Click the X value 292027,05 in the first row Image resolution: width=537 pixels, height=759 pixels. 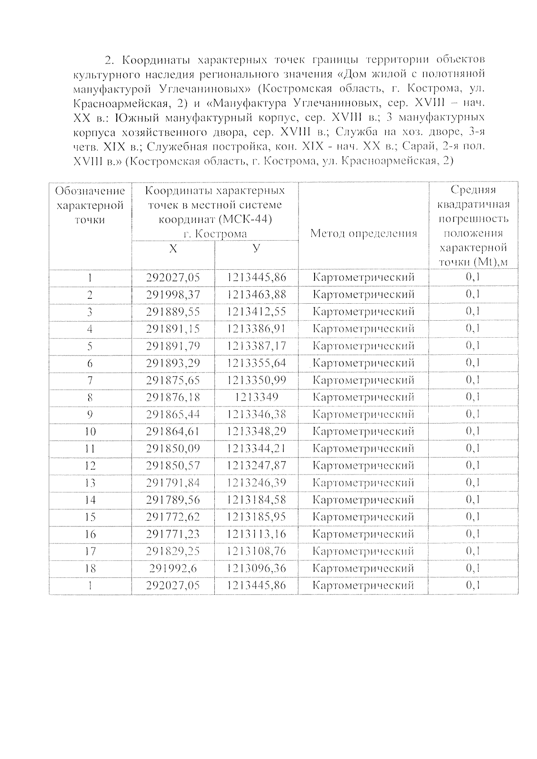point(173,278)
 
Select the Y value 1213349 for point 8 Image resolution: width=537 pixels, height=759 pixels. point(256,397)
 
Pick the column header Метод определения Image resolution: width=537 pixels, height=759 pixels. point(363,233)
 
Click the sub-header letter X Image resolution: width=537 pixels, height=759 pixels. point(173,249)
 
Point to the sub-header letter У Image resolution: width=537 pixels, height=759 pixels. point(256,248)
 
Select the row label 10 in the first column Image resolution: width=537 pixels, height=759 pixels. point(90,432)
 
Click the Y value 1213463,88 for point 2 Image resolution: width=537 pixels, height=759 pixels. point(256,295)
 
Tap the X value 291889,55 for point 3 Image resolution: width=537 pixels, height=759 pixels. point(173,312)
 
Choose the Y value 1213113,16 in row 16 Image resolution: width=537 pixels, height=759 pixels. point(256,534)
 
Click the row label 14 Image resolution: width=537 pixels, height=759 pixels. point(90,500)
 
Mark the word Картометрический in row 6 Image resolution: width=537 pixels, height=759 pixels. point(363,363)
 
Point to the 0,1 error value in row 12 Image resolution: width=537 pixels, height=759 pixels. point(473,466)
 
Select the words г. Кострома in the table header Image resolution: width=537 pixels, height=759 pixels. point(215,234)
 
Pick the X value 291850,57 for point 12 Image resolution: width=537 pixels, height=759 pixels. point(173,466)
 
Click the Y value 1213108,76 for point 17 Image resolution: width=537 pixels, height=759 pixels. point(256,551)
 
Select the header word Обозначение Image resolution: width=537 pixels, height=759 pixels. point(90,191)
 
